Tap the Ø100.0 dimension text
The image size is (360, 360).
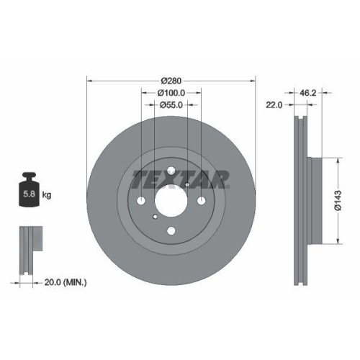coord(171,92)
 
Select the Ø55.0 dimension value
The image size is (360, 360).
coord(171,105)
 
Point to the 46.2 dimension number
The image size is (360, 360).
coord(307,92)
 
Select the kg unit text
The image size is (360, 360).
coord(46,195)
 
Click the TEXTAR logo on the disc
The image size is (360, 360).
coord(181,177)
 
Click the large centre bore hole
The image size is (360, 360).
coord(171,201)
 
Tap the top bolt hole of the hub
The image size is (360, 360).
coord(171,171)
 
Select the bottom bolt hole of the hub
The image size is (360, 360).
coord(171,231)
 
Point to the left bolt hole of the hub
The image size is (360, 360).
coord(141,201)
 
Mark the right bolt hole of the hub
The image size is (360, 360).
coord(202,201)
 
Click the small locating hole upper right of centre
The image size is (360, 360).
coord(187,185)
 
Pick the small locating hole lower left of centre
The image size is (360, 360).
coord(156,217)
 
